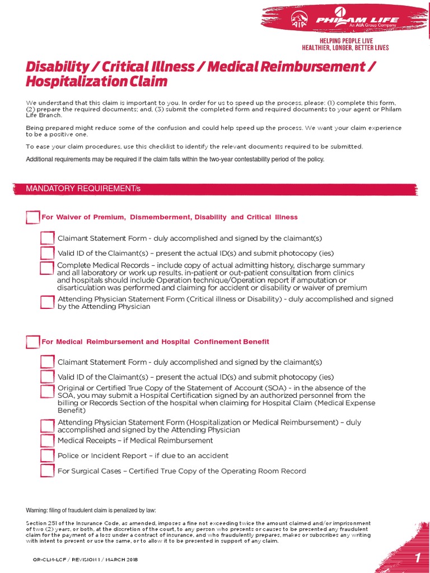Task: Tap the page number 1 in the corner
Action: click(417, 558)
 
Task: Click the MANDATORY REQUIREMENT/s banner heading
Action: click(83, 189)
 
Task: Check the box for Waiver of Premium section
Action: click(33, 217)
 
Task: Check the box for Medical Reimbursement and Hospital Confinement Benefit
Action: click(33, 342)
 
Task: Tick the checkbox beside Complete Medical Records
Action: click(48, 268)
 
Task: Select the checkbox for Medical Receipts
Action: click(48, 441)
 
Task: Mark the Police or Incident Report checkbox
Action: click(48, 455)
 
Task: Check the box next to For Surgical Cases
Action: click(48, 471)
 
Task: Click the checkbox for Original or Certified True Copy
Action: click(48, 391)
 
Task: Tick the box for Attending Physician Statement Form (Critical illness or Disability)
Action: click(48, 302)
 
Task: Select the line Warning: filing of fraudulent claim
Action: click(91, 510)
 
